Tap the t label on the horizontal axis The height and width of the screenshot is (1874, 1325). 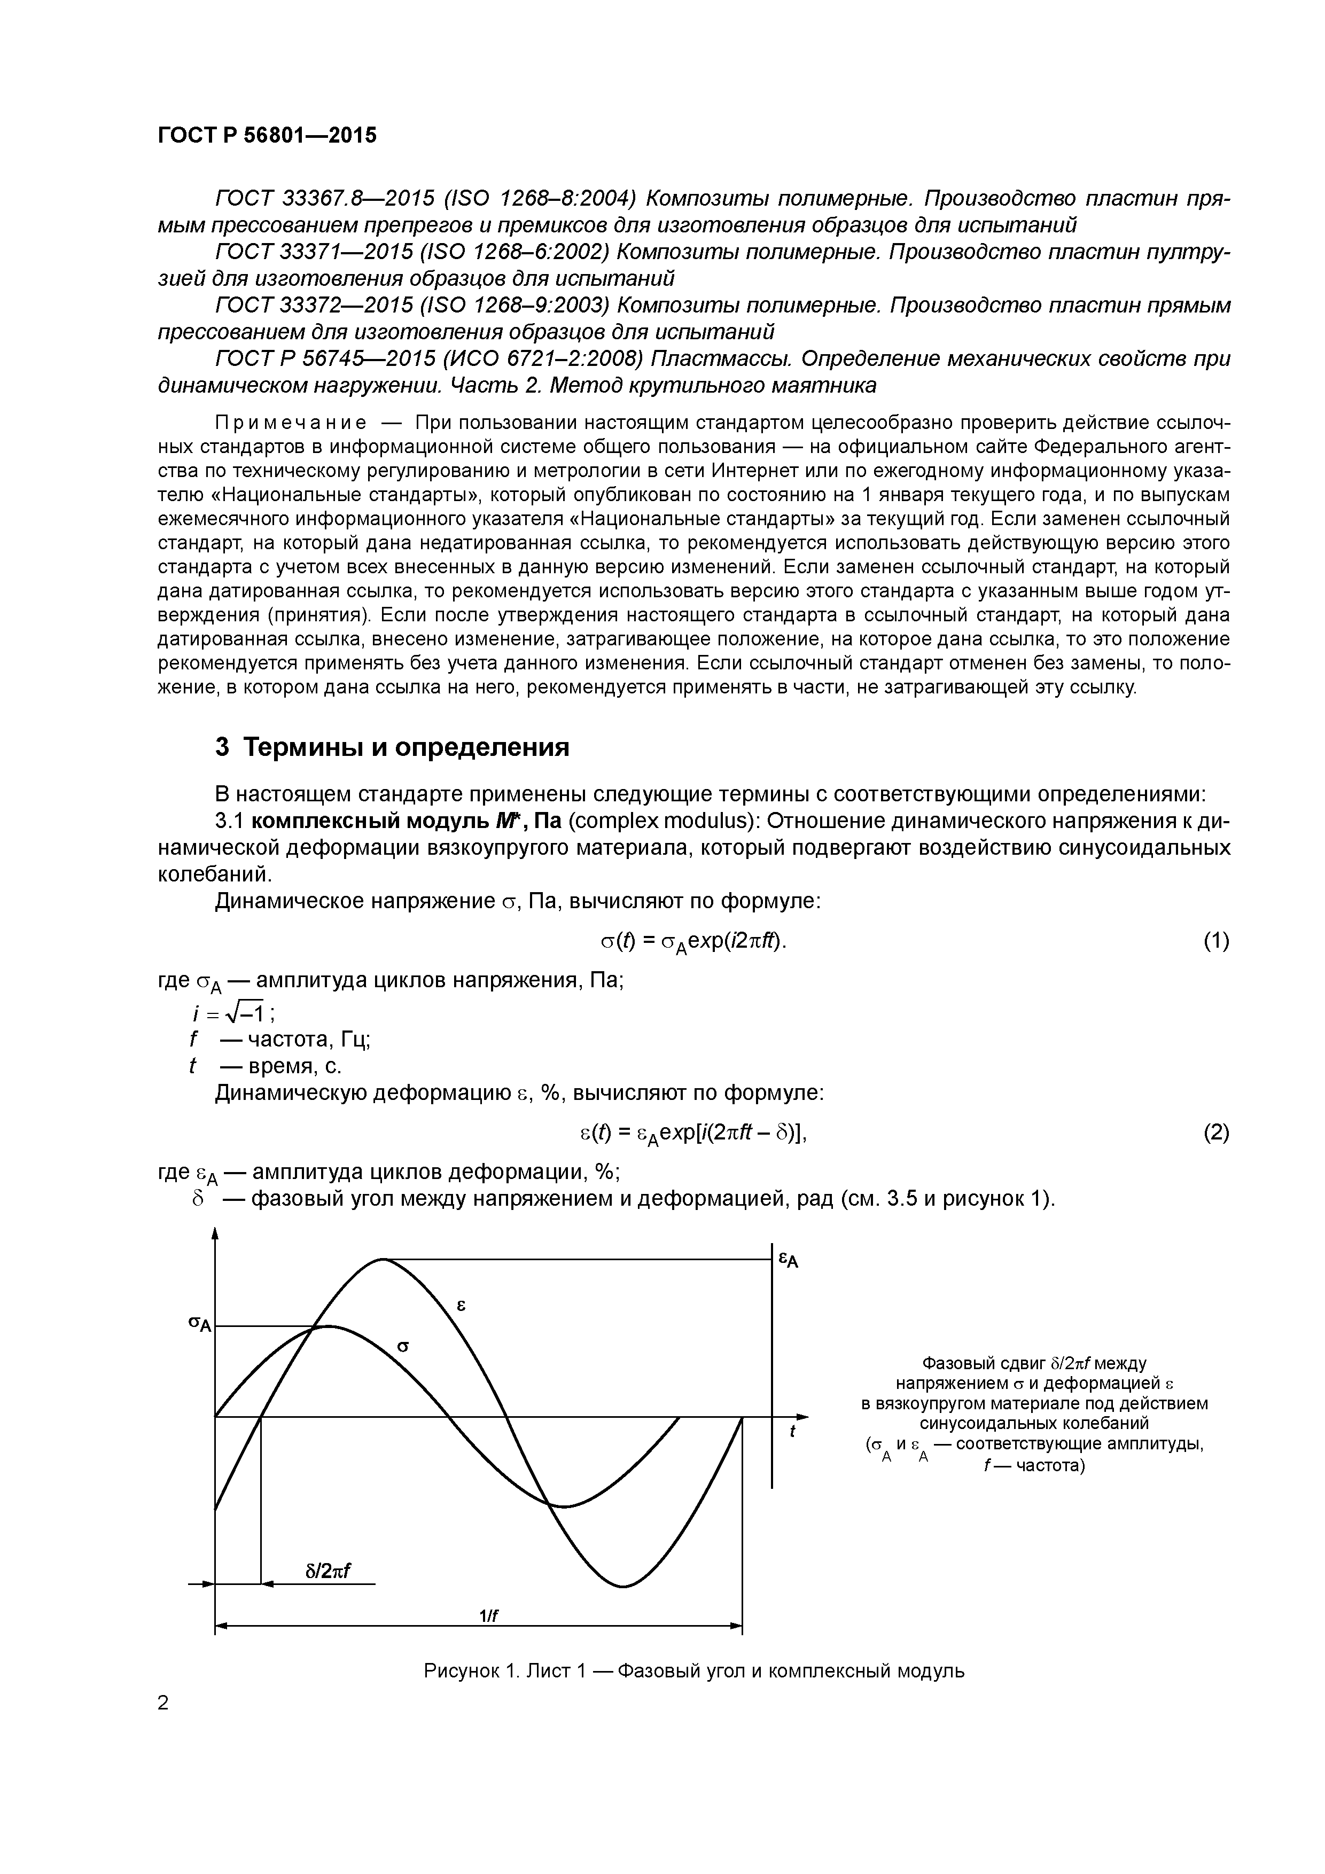(792, 1432)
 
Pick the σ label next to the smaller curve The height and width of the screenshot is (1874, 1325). (402, 1346)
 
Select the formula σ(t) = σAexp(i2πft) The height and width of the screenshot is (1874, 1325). (694, 942)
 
